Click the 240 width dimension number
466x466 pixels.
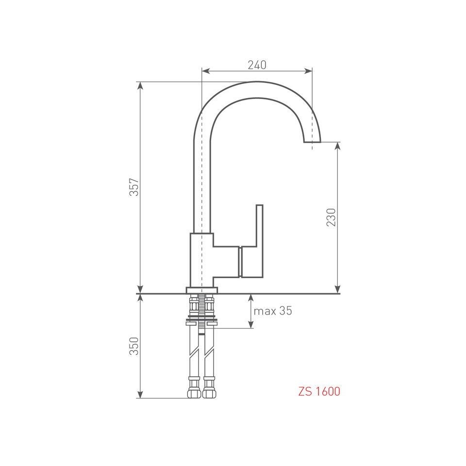(x=257, y=65)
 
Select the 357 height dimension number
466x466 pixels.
(x=134, y=187)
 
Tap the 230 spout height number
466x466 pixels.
(x=331, y=217)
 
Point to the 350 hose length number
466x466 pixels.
(x=134, y=346)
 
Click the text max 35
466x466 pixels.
(x=273, y=311)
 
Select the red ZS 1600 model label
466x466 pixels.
(x=319, y=391)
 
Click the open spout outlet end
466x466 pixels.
(x=312, y=141)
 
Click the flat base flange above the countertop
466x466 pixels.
(x=202, y=290)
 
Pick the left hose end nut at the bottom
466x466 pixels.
(x=194, y=392)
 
